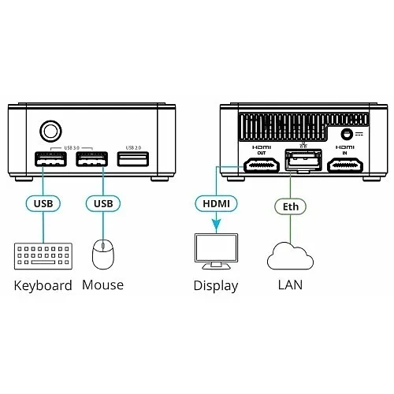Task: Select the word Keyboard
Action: [x=43, y=285]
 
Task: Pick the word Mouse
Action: [x=102, y=284]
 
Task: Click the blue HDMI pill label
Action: [x=215, y=203]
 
